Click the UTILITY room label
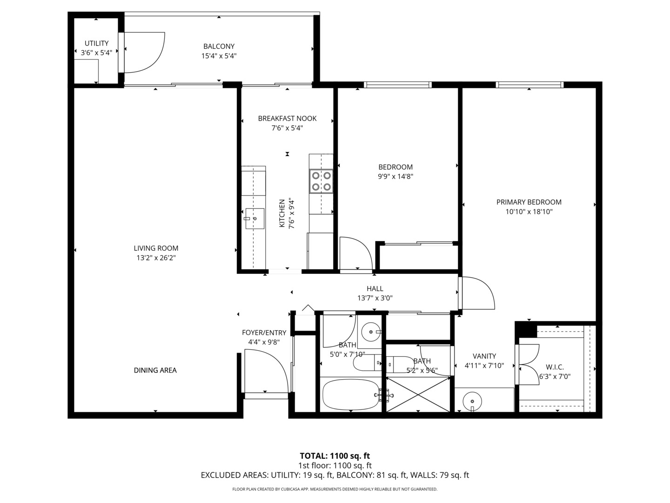(96, 43)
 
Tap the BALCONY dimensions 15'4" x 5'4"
(219, 56)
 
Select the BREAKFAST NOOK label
(287, 118)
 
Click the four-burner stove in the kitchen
(322, 181)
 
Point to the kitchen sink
(255, 218)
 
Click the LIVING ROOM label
(156, 248)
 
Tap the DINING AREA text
(155, 370)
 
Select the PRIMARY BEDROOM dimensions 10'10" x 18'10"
(529, 211)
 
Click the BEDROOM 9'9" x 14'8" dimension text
(395, 177)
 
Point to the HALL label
(375, 289)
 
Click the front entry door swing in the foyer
(265, 373)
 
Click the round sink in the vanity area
(472, 401)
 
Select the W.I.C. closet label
(555, 367)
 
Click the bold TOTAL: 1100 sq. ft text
(335, 455)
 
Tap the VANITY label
(484, 356)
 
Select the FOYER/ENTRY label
(264, 333)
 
